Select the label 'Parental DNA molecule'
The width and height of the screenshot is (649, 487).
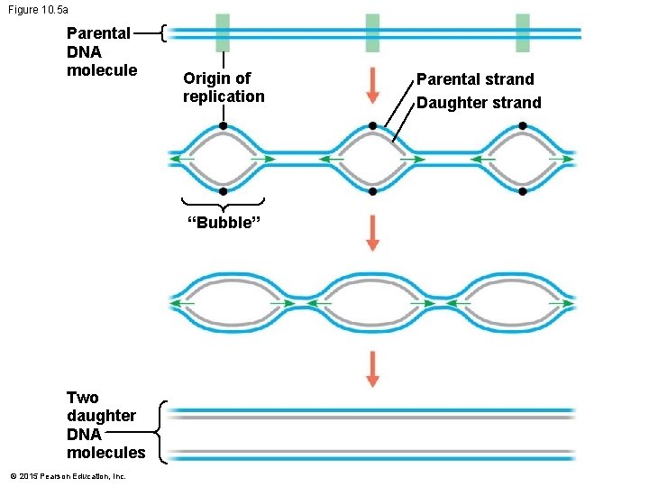101,51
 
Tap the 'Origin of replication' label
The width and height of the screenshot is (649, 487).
224,87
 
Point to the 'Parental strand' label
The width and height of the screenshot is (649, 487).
475,79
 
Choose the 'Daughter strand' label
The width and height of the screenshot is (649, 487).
479,103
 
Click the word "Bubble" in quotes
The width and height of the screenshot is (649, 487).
223,224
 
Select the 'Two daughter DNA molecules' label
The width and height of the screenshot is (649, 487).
105,425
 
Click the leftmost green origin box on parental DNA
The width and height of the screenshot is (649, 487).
223,33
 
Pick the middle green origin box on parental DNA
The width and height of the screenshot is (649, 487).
372,33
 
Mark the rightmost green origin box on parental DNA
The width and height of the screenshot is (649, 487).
523,33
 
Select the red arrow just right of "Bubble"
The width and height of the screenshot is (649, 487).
372,233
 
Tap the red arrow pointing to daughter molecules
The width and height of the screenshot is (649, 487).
372,369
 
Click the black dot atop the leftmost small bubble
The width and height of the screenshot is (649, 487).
223,126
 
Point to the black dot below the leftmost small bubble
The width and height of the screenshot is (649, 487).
223,191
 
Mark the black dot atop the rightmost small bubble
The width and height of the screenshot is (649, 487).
523,126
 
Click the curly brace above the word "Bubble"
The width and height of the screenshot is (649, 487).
223,202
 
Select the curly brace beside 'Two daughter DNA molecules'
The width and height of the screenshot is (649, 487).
160,433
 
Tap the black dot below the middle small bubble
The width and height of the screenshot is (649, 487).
372,191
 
